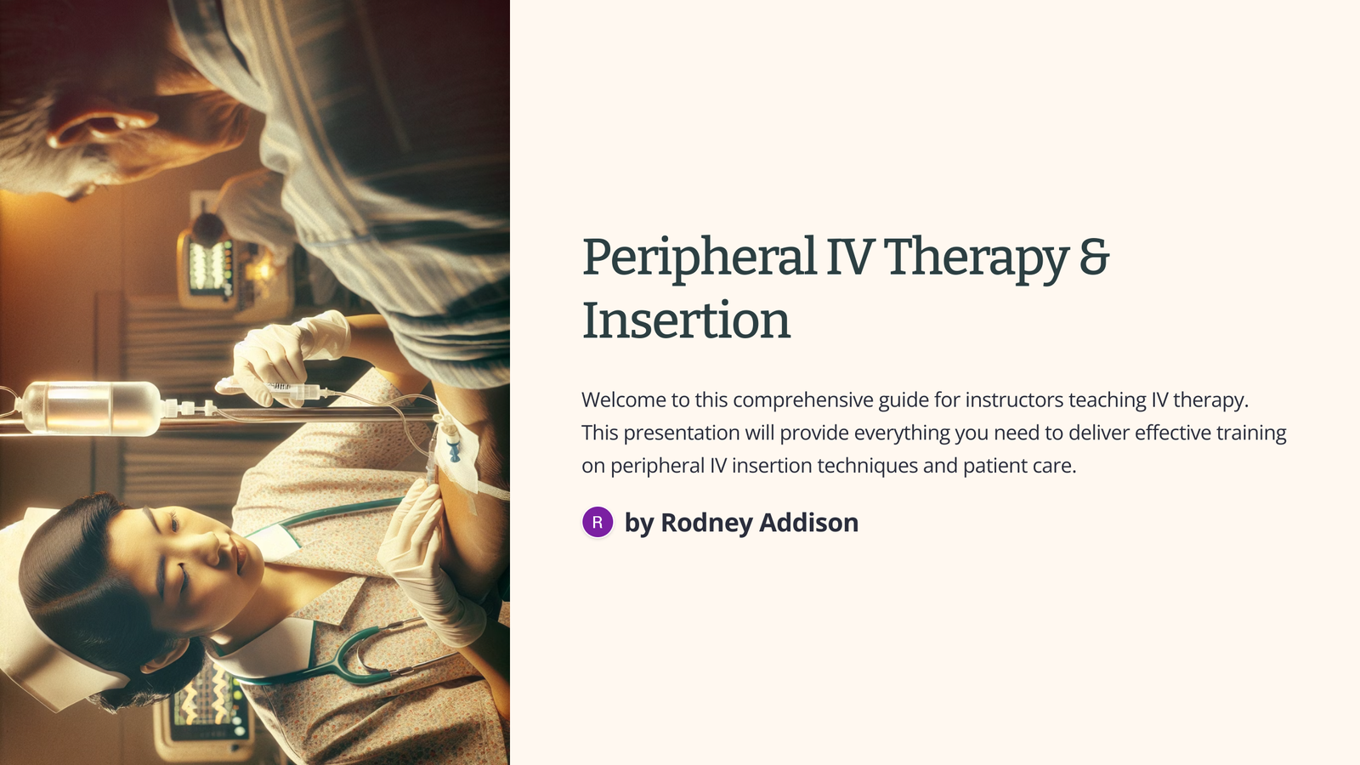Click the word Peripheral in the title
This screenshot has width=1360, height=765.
pyautogui.click(x=699, y=258)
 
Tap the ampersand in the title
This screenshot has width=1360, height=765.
pyautogui.click(x=1095, y=256)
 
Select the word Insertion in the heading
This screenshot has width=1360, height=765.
pyautogui.click(x=686, y=320)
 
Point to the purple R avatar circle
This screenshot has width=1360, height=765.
pyautogui.click(x=598, y=522)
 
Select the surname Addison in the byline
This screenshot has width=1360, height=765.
pyautogui.click(x=808, y=523)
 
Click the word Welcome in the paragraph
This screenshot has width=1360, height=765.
pyautogui.click(x=623, y=399)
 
